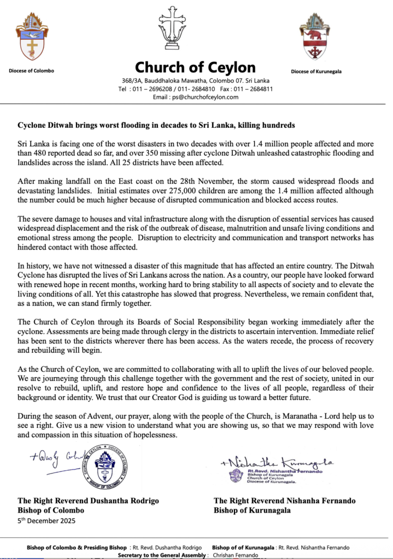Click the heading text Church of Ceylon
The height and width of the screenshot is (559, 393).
(x=195, y=68)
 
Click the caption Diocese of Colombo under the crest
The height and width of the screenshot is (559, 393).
(x=32, y=71)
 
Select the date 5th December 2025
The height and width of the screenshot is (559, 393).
(x=46, y=520)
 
